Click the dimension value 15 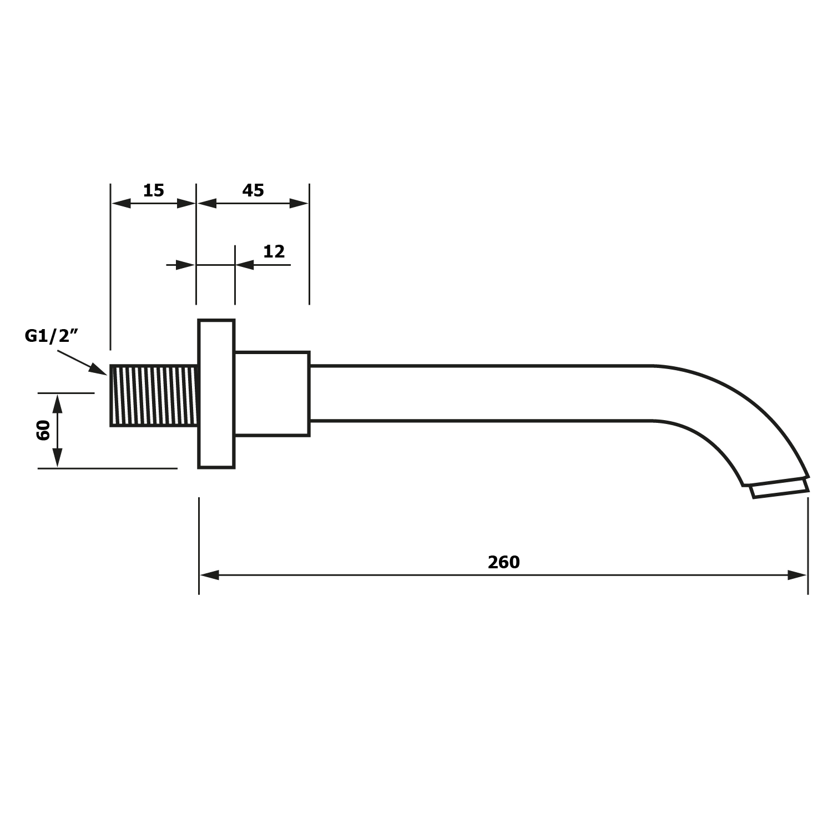click(154, 190)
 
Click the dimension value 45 click(253, 190)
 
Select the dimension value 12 click(274, 251)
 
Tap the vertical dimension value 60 click(43, 430)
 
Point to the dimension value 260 click(504, 562)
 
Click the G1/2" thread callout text click(51, 336)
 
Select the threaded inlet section click(154, 396)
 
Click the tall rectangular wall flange click(216, 394)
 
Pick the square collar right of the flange click(272, 394)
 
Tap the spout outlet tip click(779, 489)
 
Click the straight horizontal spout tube click(481, 393)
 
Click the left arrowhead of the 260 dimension click(209, 575)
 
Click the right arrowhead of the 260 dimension click(797, 575)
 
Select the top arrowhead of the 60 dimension click(57, 403)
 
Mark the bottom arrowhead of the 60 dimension click(57, 458)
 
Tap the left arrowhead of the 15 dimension click(121, 203)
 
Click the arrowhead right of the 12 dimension click(245, 265)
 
